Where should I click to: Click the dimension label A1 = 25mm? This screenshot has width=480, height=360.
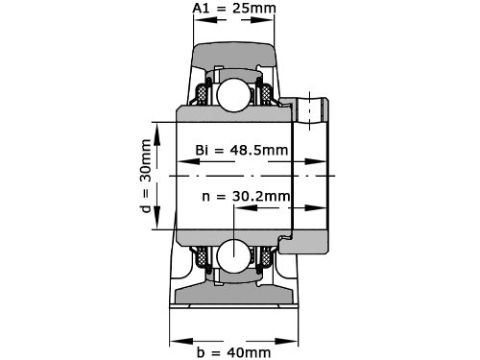[234, 9]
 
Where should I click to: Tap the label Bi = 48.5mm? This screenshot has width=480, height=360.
[242, 150]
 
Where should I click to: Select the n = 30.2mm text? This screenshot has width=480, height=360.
[246, 196]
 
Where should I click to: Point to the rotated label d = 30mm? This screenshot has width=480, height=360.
[146, 176]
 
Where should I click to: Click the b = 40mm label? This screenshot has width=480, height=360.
[234, 352]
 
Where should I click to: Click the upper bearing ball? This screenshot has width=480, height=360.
[233, 95]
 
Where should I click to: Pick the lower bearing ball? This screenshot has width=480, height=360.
[233, 256]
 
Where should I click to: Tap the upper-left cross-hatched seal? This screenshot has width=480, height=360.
[202, 95]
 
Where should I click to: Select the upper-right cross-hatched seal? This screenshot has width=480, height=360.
[266, 95]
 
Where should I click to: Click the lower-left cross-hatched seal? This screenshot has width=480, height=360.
[202, 256]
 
